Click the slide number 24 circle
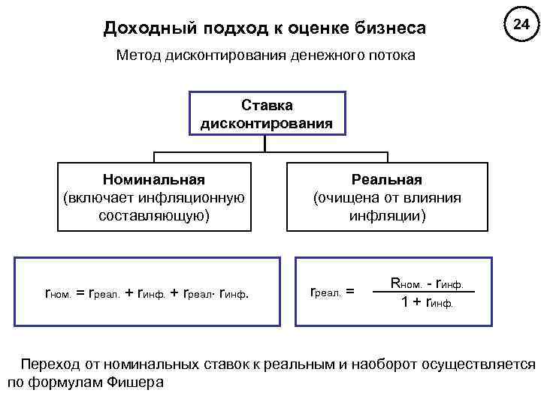521,25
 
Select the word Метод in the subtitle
138,57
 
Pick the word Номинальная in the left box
154,181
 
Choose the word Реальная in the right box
387,181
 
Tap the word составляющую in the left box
154,217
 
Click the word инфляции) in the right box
387,217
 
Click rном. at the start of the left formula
59,292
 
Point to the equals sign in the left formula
80,292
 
